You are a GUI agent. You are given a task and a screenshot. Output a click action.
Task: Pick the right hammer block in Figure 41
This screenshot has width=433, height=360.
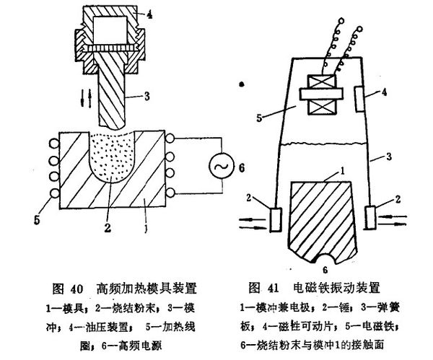372,216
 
